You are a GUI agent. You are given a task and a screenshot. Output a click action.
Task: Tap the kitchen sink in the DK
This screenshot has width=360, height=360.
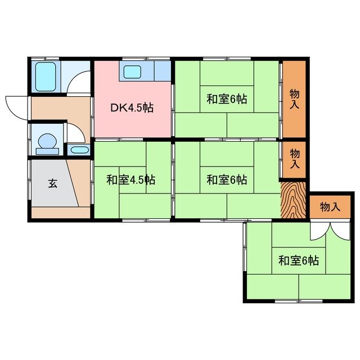[133, 72]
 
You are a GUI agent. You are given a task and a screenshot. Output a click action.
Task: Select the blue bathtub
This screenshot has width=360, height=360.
[44, 76]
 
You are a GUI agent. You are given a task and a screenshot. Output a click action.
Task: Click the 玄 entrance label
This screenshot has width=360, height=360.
[52, 184]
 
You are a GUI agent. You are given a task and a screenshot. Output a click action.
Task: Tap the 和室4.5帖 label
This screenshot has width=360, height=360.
[131, 180]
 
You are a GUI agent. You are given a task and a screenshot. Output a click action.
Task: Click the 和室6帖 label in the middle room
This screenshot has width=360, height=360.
[226, 180]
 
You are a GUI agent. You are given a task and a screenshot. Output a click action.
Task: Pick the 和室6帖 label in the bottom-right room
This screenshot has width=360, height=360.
[299, 260]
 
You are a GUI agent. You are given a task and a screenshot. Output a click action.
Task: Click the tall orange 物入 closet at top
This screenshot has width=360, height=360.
[294, 98]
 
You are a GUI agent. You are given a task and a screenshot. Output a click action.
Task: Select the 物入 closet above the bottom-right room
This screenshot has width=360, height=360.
[330, 206]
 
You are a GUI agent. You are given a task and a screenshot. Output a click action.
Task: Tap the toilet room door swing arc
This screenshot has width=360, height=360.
[76, 133]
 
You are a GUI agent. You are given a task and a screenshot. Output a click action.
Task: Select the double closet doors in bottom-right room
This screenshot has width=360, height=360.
[323, 229]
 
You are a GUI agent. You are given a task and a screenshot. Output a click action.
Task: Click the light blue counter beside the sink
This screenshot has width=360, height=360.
[162, 71]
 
